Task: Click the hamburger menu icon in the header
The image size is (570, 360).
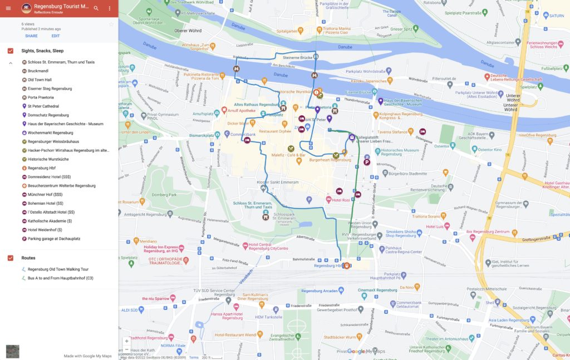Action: pos(8,8)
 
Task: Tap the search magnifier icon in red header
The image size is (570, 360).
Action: pos(96,8)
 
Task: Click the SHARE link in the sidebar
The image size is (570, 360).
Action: pos(31,36)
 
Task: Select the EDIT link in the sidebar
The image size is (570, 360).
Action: pos(56,36)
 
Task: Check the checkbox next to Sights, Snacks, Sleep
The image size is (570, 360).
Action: pos(11,51)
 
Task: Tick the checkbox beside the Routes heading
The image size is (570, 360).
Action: pos(11,258)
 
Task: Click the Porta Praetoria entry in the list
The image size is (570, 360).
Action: pos(41,97)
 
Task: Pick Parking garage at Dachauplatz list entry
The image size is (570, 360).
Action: pos(54,239)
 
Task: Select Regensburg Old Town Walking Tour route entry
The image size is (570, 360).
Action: pos(58,269)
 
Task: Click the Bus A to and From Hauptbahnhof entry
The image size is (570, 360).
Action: pos(60,278)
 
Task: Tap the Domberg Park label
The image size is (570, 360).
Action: pos(164,195)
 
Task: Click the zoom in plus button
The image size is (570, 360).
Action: pos(126,341)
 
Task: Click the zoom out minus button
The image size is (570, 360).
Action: pos(126,349)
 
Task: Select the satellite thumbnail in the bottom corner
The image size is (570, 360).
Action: pos(12,351)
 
